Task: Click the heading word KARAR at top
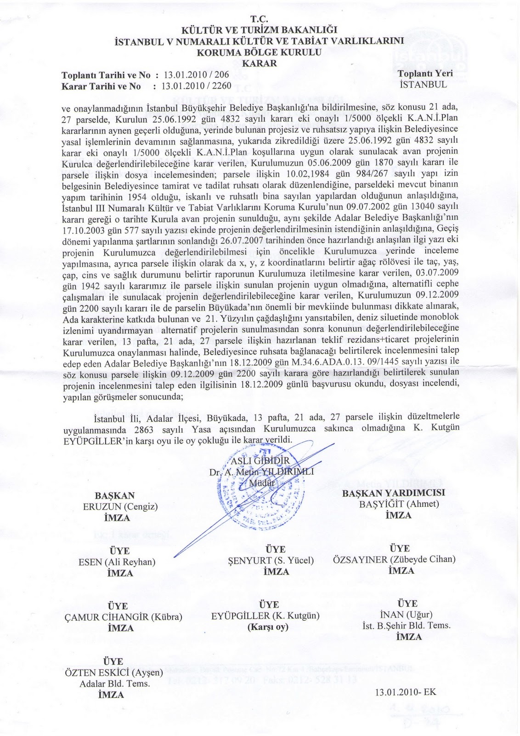coord(260,63)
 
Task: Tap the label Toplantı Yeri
coord(425,74)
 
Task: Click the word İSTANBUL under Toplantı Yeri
coord(423,85)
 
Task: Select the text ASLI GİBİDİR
coord(260,461)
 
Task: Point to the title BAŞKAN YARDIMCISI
coord(394,493)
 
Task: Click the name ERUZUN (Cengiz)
coord(120,506)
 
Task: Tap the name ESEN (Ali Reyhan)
coord(117,562)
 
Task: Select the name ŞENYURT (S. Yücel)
coord(271,560)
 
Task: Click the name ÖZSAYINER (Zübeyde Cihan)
coord(394,559)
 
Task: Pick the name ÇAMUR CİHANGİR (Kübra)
coord(124,617)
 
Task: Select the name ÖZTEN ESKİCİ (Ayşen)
coord(115,673)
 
